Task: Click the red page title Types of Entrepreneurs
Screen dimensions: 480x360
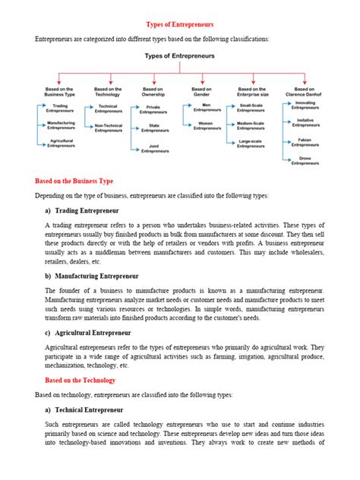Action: coord(180,25)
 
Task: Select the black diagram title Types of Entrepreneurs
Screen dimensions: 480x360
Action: coord(179,56)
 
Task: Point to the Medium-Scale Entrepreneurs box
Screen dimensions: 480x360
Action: coord(251,126)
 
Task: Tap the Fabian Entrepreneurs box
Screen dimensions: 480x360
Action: coord(305,142)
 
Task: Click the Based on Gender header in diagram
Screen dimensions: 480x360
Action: coord(202,90)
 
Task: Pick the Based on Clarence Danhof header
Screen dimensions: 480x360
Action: coord(305,90)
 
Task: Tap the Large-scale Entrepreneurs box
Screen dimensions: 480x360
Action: coord(251,144)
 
